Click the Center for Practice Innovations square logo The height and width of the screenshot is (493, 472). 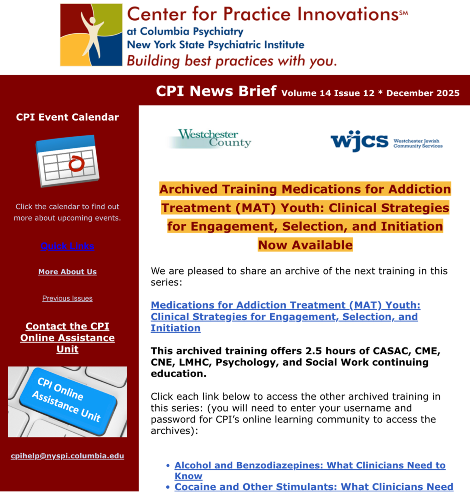(91, 35)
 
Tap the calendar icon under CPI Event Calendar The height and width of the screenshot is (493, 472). (67, 161)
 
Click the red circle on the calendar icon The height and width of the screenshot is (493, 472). (76, 164)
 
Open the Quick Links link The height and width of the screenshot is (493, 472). (67, 246)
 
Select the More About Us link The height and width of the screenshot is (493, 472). (67, 272)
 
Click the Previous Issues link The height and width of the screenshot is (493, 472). (67, 298)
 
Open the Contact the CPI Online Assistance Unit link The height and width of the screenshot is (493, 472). (67, 338)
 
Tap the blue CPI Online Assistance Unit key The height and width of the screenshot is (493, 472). (68, 401)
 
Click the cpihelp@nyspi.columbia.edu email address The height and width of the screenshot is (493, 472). (67, 456)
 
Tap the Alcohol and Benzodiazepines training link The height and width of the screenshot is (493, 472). (310, 471)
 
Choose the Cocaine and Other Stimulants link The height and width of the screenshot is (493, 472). (314, 487)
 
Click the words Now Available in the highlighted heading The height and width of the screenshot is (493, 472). (305, 245)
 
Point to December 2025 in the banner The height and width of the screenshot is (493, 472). (423, 93)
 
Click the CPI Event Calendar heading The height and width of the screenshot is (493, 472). (67, 117)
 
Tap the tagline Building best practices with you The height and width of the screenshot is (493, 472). (232, 61)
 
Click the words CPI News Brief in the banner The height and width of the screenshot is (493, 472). (216, 91)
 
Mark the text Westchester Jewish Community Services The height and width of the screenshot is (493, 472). (418, 144)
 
